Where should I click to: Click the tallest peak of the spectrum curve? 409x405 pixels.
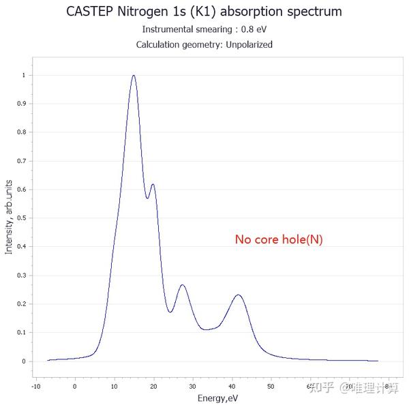click(x=134, y=76)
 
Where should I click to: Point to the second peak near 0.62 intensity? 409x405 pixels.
click(x=153, y=184)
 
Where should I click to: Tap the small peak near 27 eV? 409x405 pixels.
click(x=182, y=285)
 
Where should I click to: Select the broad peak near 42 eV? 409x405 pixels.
click(x=238, y=295)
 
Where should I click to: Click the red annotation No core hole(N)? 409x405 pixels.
click(x=279, y=239)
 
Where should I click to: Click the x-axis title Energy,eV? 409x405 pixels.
click(x=218, y=397)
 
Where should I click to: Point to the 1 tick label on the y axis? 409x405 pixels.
click(x=22, y=76)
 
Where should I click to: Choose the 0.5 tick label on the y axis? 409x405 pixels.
click(x=20, y=218)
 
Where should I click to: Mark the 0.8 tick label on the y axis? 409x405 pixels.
click(x=20, y=132)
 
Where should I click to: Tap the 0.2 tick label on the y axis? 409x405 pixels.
click(x=20, y=304)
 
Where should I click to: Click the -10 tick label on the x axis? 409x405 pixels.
click(x=35, y=386)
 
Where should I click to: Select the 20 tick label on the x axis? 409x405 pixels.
click(x=153, y=386)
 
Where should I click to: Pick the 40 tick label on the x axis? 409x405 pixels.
click(x=232, y=386)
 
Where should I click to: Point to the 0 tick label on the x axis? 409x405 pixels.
click(x=75, y=386)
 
